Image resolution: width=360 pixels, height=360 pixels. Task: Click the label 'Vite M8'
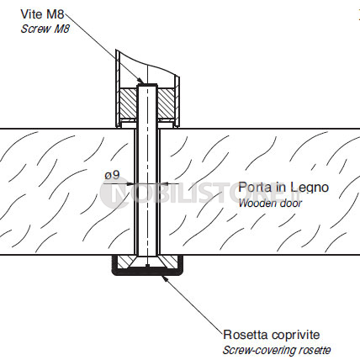click(x=42, y=14)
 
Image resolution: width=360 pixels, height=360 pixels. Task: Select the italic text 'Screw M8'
click(x=45, y=29)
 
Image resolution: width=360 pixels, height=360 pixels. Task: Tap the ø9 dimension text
click(x=112, y=175)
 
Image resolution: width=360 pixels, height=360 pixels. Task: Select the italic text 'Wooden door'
click(x=270, y=203)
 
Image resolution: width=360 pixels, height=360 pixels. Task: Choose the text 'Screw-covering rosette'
click(x=277, y=350)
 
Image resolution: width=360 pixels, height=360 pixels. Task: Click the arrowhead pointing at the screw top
click(x=140, y=81)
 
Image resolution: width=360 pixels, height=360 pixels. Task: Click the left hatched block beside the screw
click(x=129, y=103)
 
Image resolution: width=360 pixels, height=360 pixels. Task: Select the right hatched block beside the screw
click(x=167, y=103)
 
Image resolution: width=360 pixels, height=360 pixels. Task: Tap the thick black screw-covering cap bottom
click(x=147, y=272)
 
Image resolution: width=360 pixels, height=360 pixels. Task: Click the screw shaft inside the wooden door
click(x=147, y=192)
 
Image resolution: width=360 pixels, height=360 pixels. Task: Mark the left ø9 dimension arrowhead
click(x=130, y=184)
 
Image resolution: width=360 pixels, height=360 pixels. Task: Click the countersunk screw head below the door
click(x=147, y=262)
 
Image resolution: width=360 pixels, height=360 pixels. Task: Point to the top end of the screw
click(x=147, y=85)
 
